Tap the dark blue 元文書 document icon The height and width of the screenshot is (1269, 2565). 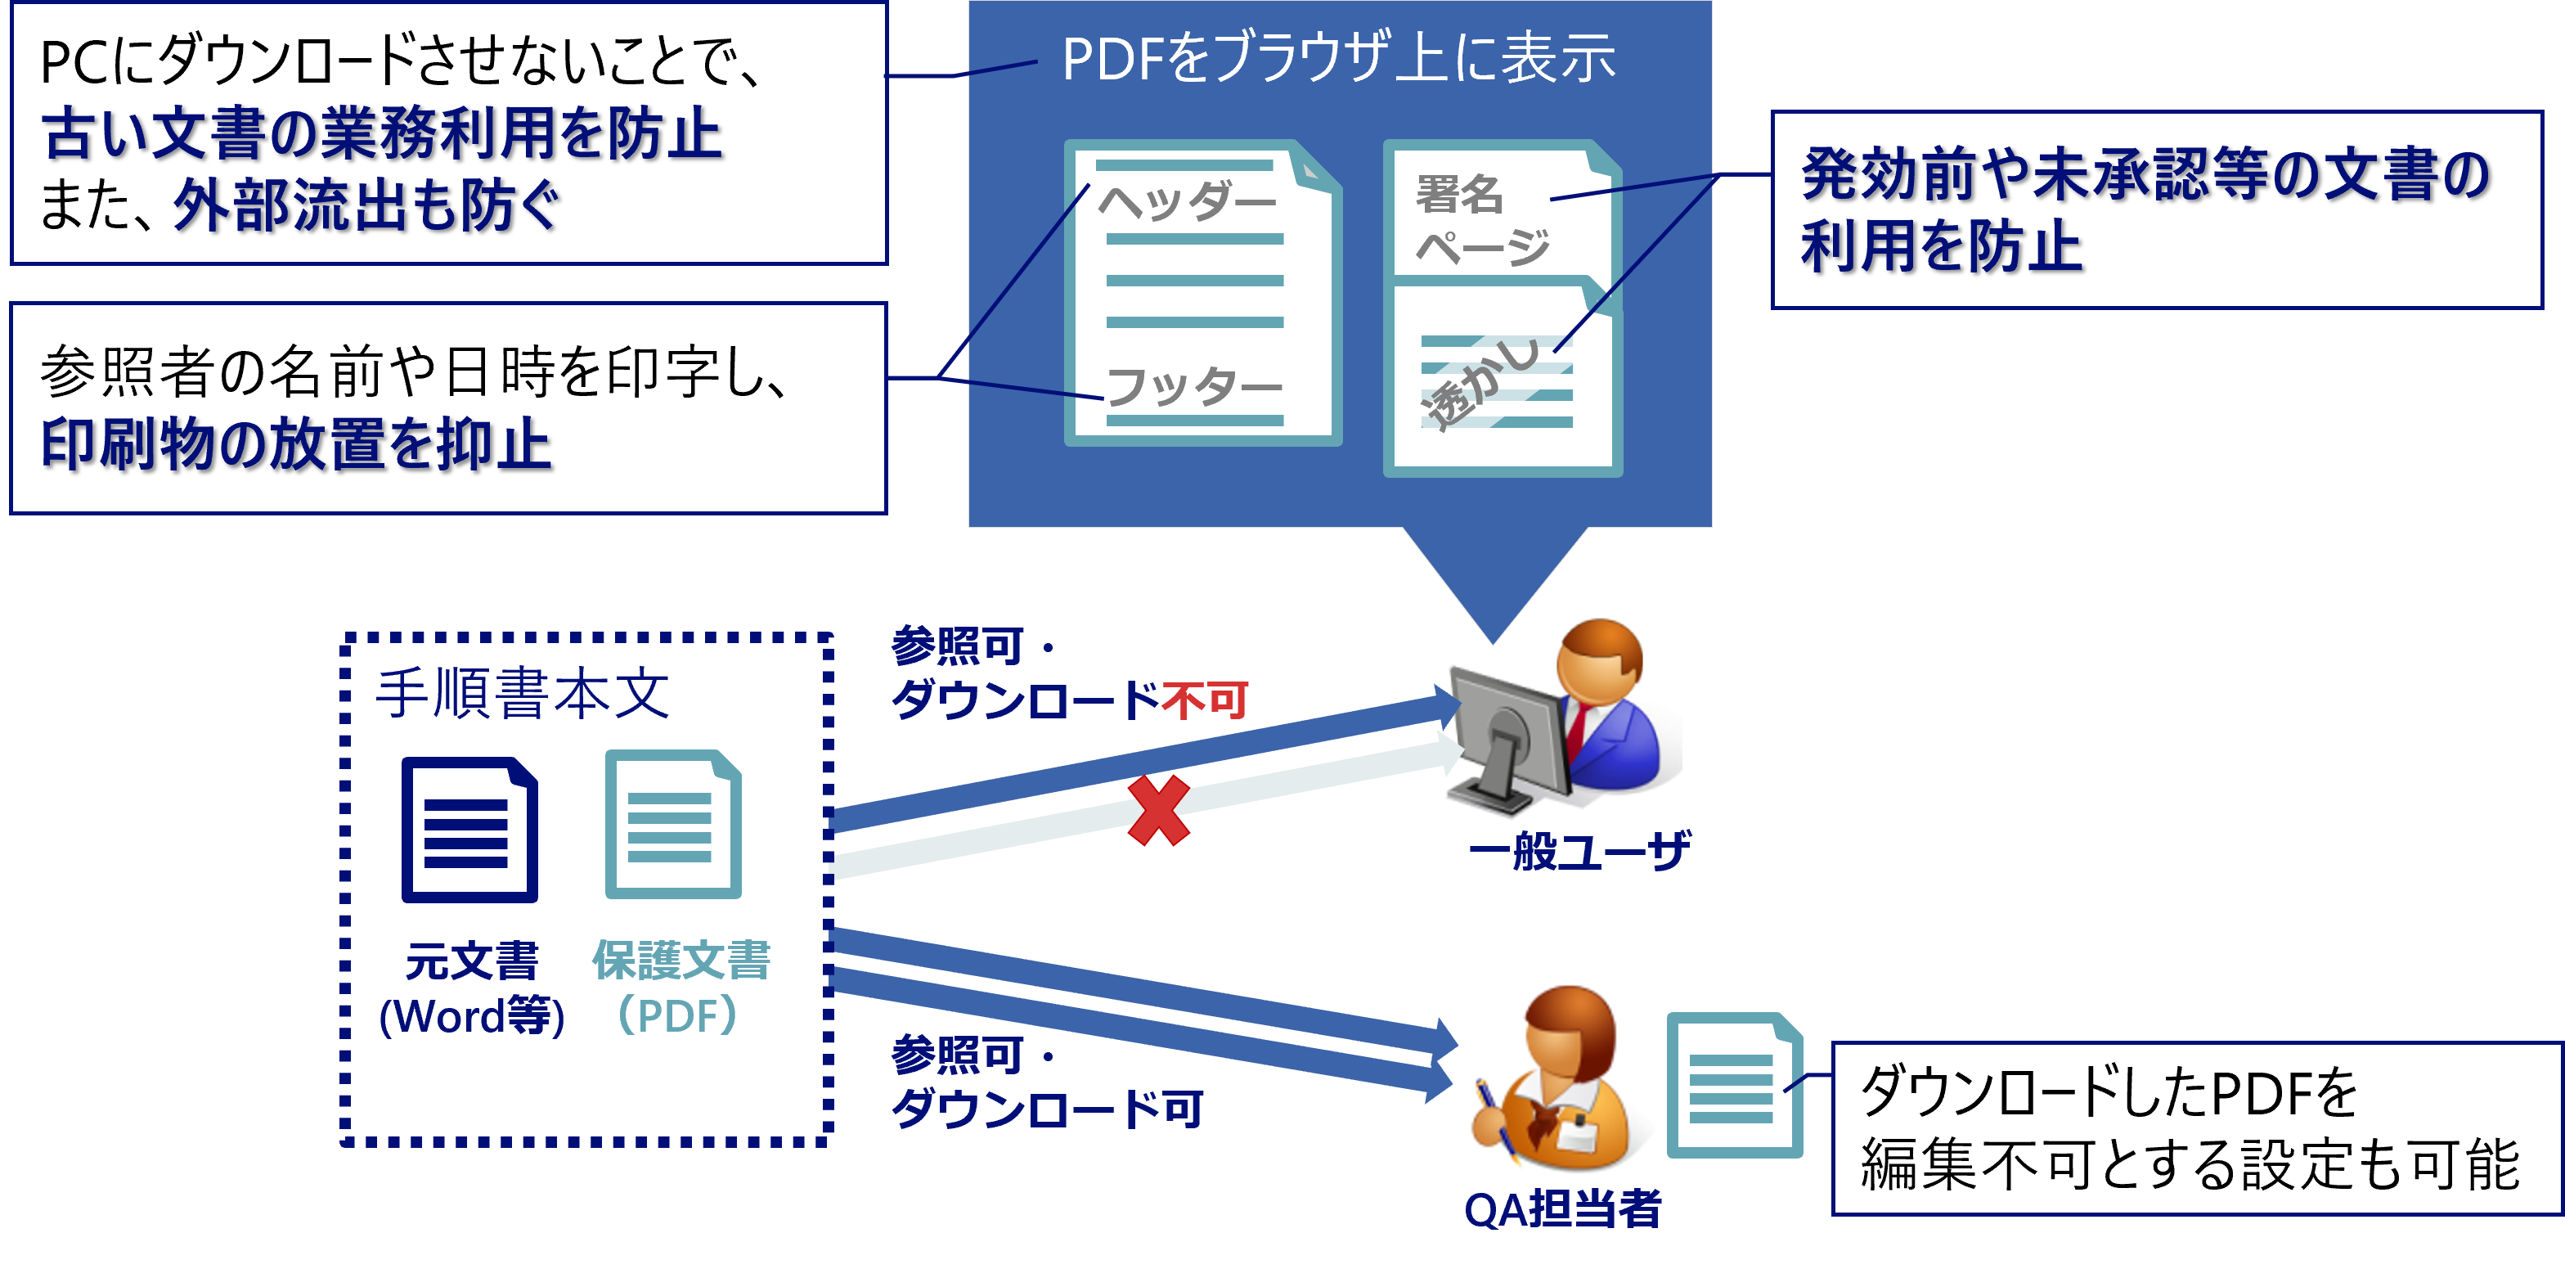coord(469,830)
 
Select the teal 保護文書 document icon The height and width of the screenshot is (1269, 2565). coord(673,825)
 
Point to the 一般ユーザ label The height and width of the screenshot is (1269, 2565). coord(1579,852)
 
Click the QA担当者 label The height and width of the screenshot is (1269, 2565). coord(1562,1209)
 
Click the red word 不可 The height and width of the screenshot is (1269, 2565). coord(1205,700)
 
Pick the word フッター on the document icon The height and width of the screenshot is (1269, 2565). coord(1193,386)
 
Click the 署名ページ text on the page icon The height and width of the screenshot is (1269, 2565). coord(1480,220)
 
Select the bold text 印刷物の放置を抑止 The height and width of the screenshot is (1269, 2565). coord(296,444)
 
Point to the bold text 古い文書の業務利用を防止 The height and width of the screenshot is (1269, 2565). coord(381,133)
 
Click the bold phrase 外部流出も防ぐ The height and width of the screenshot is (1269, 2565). coord(366,206)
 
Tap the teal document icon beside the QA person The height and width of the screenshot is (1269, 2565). coord(1733,1084)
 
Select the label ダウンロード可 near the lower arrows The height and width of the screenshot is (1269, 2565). coord(1048,1108)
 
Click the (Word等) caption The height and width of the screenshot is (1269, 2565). coord(471,1017)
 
